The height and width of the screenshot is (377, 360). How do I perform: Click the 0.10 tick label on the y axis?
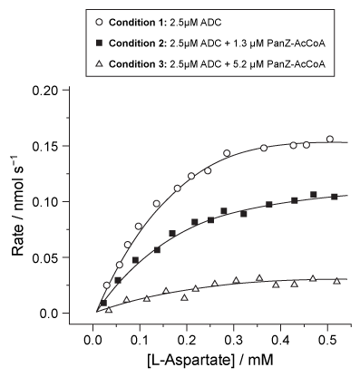pyautogui.click(x=57, y=201)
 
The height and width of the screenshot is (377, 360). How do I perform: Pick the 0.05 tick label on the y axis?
pyautogui.click(x=57, y=257)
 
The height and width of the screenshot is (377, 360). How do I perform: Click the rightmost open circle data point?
pyautogui.click(x=329, y=140)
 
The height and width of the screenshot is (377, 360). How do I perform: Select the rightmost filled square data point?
pyautogui.click(x=335, y=197)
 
